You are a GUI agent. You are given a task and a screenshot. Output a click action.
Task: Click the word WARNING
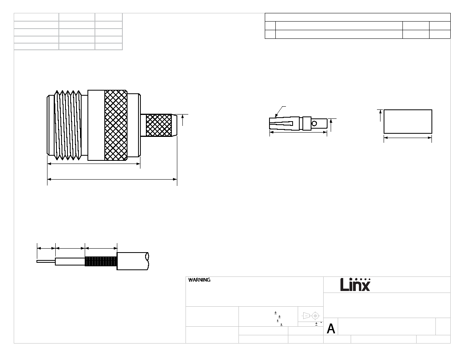click(199, 280)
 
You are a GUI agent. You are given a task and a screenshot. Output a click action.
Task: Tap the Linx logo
click(355, 285)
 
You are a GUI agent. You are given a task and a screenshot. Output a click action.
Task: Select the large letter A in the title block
click(331, 329)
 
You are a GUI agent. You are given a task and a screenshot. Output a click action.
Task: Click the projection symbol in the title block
click(311, 315)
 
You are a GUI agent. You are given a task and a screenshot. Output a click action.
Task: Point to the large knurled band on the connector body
click(116, 125)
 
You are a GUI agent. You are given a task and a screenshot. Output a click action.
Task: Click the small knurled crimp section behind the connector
click(159, 125)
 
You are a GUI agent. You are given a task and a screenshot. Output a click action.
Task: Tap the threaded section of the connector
click(68, 125)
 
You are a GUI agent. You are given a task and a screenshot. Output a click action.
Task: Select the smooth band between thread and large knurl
click(96, 125)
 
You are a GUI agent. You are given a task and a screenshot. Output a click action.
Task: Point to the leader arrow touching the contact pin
click(280, 112)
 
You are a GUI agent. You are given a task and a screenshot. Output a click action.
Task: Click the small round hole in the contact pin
click(314, 123)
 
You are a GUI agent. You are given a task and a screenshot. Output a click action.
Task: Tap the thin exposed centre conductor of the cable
click(46, 262)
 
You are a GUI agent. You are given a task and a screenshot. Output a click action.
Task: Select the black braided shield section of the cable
click(101, 261)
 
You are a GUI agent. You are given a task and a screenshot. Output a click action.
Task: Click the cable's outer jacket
click(133, 261)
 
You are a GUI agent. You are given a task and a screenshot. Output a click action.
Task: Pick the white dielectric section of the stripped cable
click(70, 262)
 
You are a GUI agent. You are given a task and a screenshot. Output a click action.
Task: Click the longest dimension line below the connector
click(112, 179)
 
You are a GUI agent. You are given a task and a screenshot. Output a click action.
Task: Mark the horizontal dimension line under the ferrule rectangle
click(408, 138)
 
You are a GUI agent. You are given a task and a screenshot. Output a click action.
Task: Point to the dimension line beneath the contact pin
click(298, 132)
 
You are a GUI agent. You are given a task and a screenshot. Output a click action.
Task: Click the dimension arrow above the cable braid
click(101, 248)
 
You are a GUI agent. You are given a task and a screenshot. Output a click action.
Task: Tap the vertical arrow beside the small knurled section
click(182, 120)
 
